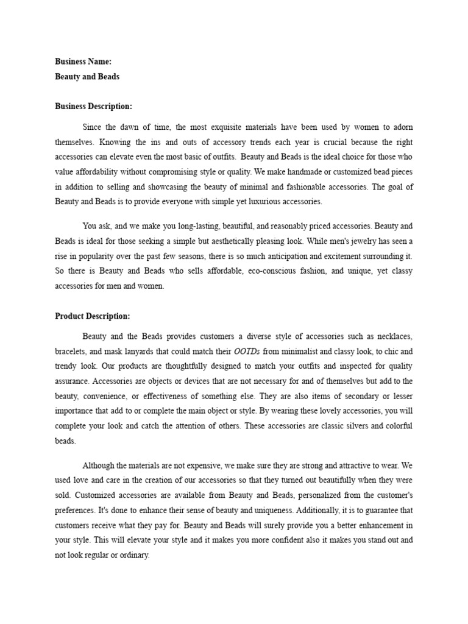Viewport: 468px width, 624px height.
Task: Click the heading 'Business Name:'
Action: click(83, 62)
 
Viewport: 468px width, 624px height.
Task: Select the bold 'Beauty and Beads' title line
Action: click(87, 77)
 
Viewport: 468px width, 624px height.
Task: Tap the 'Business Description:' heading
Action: click(93, 106)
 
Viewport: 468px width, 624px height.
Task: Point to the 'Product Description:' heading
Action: click(92, 316)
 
